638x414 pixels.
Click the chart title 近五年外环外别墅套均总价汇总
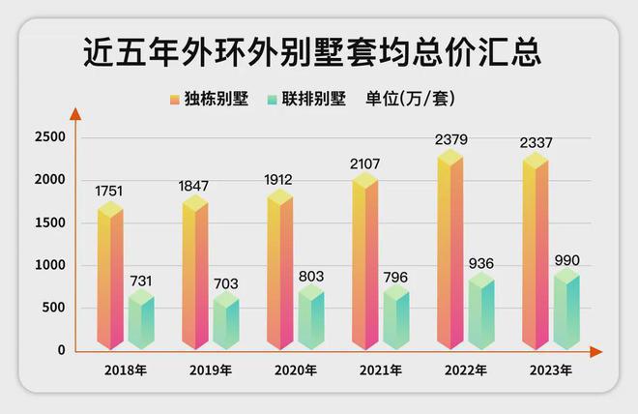pyautogui.click(x=311, y=52)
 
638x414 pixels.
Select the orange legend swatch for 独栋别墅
pyautogui.click(x=174, y=100)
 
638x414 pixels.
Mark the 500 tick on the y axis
pyautogui.click(x=53, y=308)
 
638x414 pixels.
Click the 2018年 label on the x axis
pyautogui.click(x=126, y=370)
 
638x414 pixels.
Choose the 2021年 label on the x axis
pyautogui.click(x=381, y=370)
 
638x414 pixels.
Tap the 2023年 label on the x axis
pyautogui.click(x=551, y=370)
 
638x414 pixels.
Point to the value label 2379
pyautogui.click(x=450, y=140)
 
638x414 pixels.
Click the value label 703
pyautogui.click(x=226, y=283)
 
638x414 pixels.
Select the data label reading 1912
pyautogui.click(x=280, y=179)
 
